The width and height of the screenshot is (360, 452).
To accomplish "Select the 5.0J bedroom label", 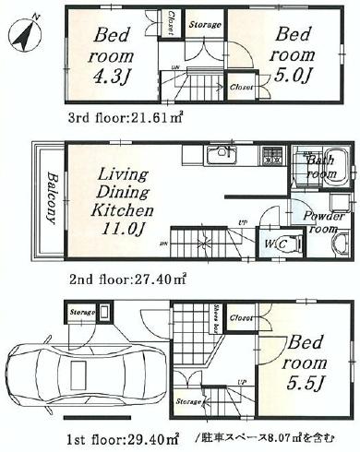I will (292, 52).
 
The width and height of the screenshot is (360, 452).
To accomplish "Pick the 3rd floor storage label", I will (204, 26).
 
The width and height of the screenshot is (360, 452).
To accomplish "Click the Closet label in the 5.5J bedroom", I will (243, 317).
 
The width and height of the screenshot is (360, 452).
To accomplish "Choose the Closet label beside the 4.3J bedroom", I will (173, 26).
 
